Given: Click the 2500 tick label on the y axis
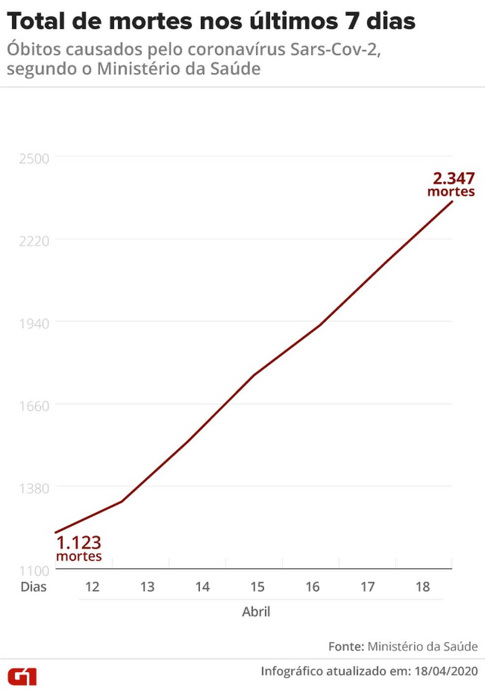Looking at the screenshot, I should point(34,159).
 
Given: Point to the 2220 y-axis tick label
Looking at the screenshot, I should point(34,241).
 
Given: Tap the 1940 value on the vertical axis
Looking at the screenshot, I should point(34,324).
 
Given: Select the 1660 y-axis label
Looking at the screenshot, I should point(34,406).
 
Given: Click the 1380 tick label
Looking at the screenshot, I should point(34,488).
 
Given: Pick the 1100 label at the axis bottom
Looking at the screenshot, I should point(34,571).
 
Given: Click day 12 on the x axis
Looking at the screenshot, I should point(92,587).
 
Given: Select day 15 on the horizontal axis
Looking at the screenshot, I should point(257,587).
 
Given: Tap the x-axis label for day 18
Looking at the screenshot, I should point(422,587).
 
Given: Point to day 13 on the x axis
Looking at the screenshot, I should point(147,587).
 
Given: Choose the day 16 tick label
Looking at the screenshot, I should point(312,587).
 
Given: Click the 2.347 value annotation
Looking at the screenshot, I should point(453,178).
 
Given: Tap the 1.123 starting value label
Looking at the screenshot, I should point(79,543).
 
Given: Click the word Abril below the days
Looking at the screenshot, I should point(256,612).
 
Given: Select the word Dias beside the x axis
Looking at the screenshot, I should point(34,587).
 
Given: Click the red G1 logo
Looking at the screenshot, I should point(22,677).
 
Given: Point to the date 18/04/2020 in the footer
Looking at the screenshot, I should point(446,671).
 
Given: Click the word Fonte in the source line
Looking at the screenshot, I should point(346,647).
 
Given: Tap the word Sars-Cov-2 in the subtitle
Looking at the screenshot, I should point(335,50).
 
